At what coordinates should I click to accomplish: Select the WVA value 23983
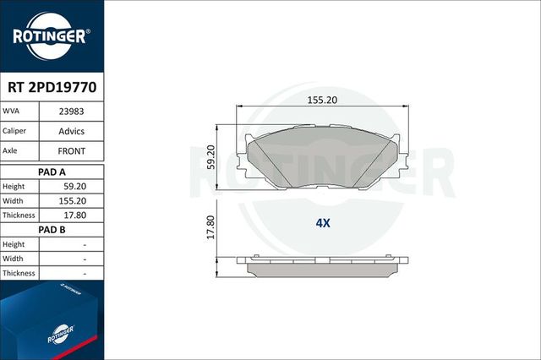[x=70, y=111]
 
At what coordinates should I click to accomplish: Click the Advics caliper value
[x=70, y=131]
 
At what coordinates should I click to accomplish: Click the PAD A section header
[x=52, y=171]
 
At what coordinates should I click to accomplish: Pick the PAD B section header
[x=52, y=229]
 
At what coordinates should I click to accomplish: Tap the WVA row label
[x=12, y=111]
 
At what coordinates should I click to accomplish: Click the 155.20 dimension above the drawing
[x=321, y=100]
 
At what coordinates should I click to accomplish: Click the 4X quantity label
[x=322, y=224]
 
